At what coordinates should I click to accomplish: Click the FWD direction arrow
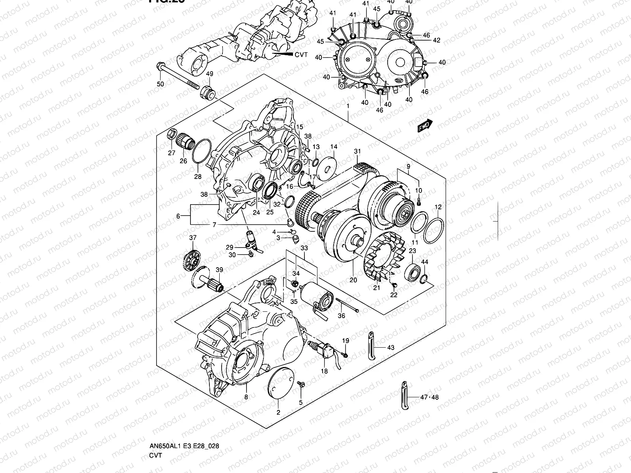coord(425,126)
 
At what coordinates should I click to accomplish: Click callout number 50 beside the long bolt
coord(160,84)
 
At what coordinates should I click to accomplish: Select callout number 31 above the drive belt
coord(357,151)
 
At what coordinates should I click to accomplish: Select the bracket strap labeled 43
coord(371,346)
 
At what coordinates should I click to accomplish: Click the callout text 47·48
coord(429,397)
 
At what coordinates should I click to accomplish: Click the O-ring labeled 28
coord(200,151)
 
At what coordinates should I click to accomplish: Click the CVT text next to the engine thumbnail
coord(301,55)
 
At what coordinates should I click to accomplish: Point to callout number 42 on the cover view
coord(436,40)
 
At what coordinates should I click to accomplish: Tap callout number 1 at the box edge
coord(348,106)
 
